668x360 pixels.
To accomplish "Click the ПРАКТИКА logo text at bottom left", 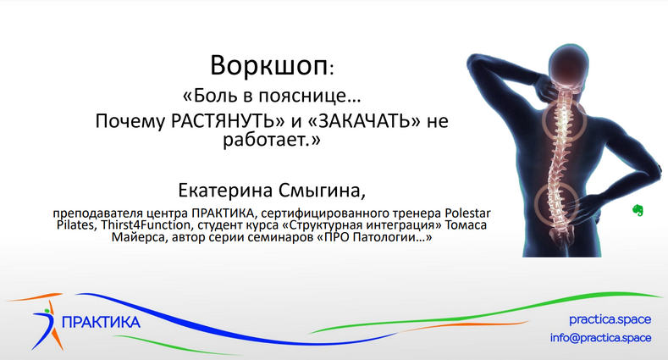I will tap(101, 323).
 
